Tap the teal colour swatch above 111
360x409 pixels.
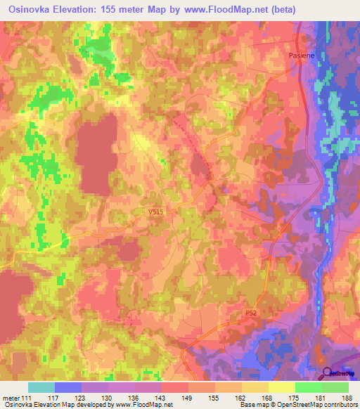[41, 387]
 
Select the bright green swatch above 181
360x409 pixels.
[308, 387]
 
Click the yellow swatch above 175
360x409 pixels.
[281, 387]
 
